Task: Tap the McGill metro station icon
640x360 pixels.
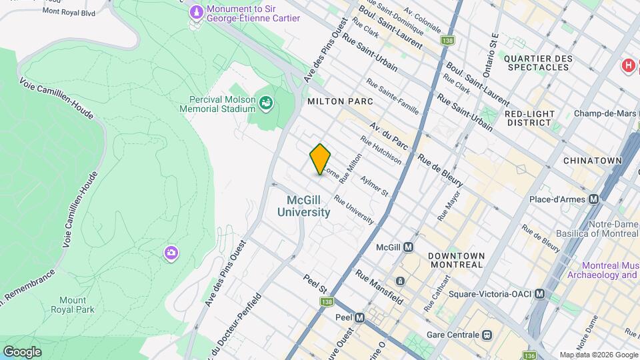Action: tap(409, 247)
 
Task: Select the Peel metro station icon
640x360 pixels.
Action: tap(360, 318)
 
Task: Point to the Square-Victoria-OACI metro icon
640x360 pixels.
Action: tap(540, 293)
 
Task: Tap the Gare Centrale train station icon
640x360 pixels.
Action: tap(487, 334)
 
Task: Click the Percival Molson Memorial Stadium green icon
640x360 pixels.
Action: tap(266, 103)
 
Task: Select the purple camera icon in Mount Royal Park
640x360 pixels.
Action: tap(171, 252)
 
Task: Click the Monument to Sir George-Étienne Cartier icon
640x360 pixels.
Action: tap(196, 12)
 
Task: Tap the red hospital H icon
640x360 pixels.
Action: tap(627, 65)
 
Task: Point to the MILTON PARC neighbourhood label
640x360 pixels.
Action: tap(340, 101)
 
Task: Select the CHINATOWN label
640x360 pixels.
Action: tap(592, 161)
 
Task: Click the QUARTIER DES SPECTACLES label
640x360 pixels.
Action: tap(539, 63)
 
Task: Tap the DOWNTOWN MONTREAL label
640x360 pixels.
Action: tap(456, 260)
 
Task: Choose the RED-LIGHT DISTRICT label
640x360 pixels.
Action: tap(531, 118)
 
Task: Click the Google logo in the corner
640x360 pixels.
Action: tap(22, 351)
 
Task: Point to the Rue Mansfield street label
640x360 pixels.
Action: tap(379, 287)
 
